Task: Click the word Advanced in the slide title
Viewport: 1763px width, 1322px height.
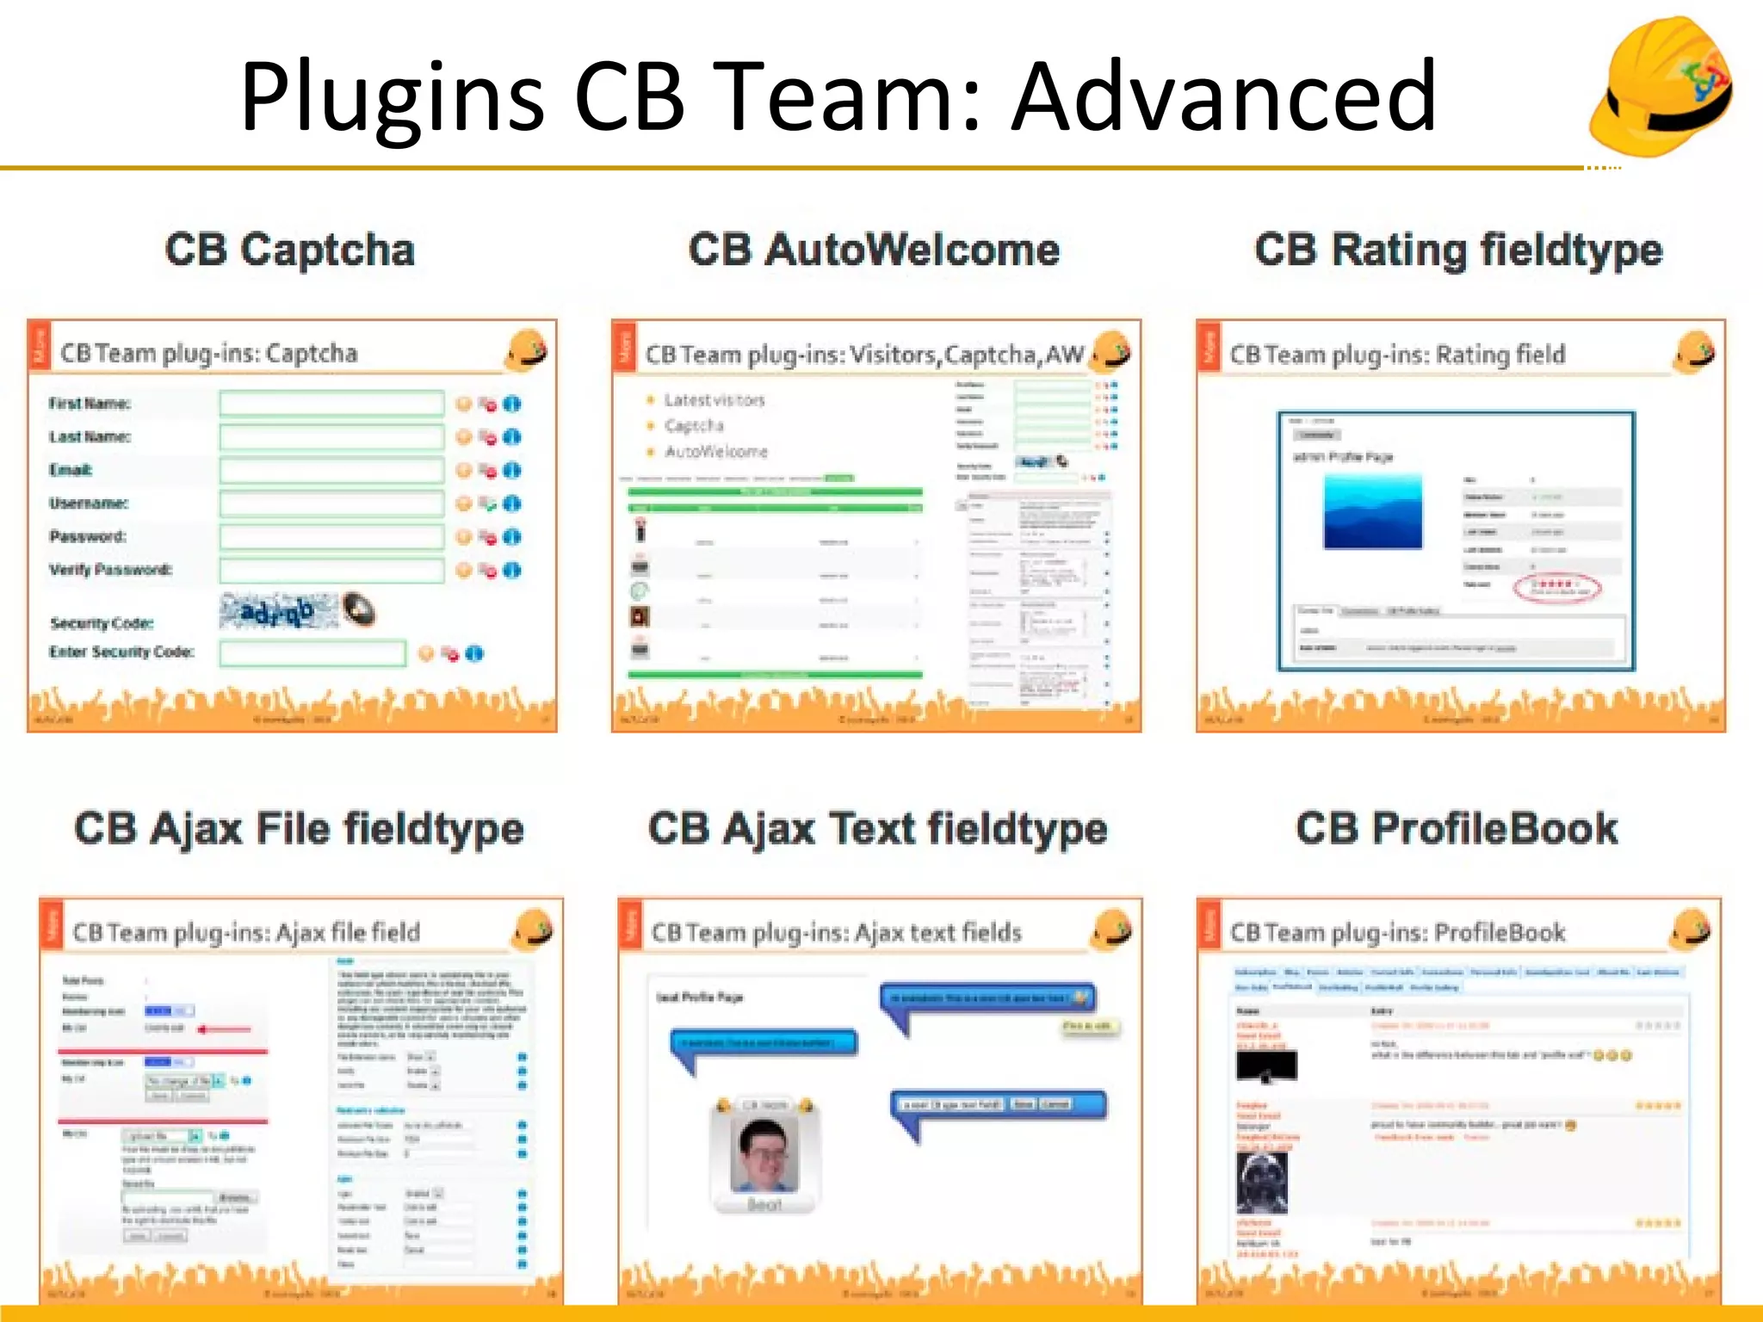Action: coord(1222,96)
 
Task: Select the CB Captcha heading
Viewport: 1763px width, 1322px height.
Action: coord(289,250)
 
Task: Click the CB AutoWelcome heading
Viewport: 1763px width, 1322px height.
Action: coord(874,250)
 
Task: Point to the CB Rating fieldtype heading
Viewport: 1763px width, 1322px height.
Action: coord(1458,250)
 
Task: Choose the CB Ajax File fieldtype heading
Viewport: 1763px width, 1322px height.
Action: coord(299,829)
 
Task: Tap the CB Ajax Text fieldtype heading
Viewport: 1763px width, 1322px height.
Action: coord(877,829)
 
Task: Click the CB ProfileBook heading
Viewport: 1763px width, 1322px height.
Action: coord(1457,829)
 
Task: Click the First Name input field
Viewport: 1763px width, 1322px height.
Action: coord(331,403)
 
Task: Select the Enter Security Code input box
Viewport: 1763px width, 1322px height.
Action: coord(312,653)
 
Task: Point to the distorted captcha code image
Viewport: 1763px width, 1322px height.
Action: coord(277,612)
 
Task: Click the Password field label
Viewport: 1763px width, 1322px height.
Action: coord(87,537)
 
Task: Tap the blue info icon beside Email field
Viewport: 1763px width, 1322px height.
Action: coord(512,470)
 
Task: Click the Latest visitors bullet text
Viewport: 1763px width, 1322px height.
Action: coord(714,400)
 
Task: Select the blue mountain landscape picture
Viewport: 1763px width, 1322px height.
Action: coord(1372,513)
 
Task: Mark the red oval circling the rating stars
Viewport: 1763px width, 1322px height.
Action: coord(1556,588)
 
